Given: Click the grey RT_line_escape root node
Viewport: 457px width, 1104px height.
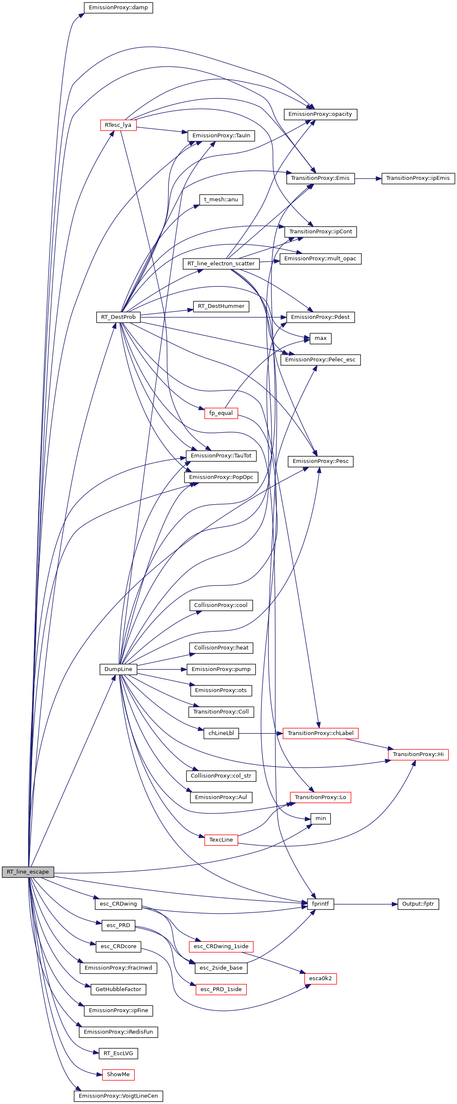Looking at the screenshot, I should tap(28, 872).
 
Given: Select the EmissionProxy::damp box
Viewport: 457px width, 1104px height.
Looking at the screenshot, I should tap(118, 8).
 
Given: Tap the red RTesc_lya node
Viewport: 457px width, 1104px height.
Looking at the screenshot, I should tap(118, 125).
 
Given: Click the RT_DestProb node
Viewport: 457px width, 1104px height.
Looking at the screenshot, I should tap(118, 317).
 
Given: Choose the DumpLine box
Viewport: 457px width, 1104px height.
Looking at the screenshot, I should tap(118, 669).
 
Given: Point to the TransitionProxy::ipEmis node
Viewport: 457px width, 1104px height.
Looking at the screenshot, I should tap(417, 178).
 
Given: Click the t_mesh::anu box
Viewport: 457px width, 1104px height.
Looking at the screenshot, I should tap(221, 200).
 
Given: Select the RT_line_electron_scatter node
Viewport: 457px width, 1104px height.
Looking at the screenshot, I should tap(221, 264).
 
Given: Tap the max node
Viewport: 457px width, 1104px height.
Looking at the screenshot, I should tap(320, 338).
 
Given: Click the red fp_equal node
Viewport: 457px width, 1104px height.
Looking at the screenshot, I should tap(221, 413).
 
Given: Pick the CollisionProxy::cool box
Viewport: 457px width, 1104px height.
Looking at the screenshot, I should tap(221, 605).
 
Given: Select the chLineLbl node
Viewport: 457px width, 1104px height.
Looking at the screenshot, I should tap(221, 733).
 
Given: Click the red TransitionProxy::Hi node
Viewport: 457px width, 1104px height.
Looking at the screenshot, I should tap(417, 754).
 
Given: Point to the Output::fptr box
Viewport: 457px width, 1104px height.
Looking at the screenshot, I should tap(417, 904).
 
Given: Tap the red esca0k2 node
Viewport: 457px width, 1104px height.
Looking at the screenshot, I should tap(320, 978).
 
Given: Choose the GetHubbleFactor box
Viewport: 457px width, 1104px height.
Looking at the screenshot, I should tap(118, 989).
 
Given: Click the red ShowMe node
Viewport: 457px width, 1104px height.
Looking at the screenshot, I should tap(118, 1075).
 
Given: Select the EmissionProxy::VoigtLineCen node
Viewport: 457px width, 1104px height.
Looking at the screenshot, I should tap(118, 1096).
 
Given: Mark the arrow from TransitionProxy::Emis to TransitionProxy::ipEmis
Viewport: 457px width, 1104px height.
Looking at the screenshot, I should tap(368, 178).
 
